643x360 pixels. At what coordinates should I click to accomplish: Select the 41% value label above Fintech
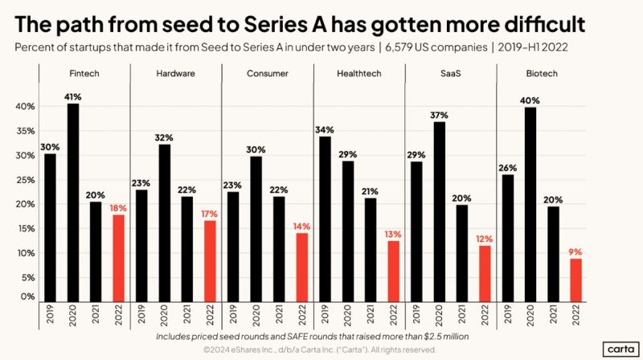coord(73,96)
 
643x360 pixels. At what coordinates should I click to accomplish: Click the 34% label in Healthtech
coord(326,129)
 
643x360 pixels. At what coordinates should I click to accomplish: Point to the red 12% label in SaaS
coord(485,239)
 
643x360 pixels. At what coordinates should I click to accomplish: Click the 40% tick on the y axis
coord(26,107)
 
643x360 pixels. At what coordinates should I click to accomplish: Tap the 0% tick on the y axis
coord(28,297)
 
